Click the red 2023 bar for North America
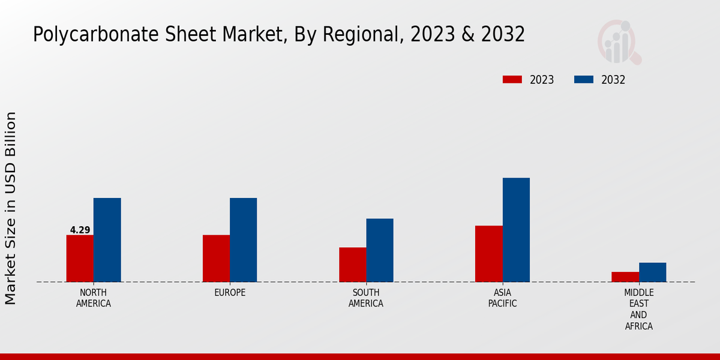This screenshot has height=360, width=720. point(80,258)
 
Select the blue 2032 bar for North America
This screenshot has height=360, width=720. point(107,240)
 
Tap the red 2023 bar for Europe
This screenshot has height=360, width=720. point(216,258)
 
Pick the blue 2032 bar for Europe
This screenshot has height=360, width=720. point(243,240)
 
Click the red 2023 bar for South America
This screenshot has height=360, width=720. point(352,265)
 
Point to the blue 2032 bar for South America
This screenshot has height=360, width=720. point(380,250)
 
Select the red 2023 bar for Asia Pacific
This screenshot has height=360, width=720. point(488,254)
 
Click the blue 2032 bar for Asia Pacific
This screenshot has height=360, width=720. point(516,230)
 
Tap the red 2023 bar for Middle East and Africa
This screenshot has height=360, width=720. point(625,277)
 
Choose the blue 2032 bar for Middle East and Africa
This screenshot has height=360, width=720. point(652,272)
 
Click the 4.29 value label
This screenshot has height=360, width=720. point(80,230)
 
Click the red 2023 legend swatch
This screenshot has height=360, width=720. point(512,80)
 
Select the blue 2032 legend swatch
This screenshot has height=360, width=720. point(584,80)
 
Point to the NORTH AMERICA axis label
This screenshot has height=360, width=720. point(94,298)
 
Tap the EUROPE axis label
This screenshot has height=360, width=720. point(230,293)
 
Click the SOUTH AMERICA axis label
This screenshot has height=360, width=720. point(366,298)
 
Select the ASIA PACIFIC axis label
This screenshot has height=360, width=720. point(502,298)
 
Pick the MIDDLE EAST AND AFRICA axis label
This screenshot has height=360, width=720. point(638,309)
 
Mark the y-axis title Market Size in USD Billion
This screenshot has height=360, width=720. point(11,208)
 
